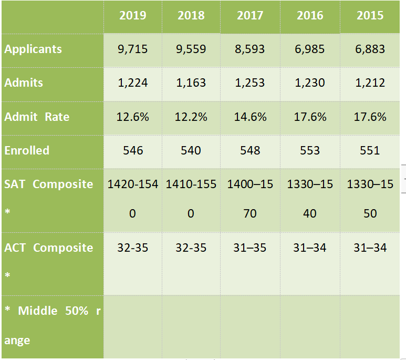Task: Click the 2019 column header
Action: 133,15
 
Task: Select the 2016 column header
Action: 310,15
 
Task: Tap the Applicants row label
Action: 33,49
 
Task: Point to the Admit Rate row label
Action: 37,117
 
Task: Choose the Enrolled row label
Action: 27,150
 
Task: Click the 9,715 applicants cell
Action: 133,49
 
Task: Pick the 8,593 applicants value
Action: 250,49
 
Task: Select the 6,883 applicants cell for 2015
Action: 370,49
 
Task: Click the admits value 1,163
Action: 191,83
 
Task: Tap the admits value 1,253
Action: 250,83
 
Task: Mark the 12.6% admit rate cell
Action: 133,117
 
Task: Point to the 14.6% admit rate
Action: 250,117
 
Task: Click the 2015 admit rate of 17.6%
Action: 370,117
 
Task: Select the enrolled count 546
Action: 133,150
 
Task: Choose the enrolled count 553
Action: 310,150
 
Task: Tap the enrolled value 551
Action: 370,150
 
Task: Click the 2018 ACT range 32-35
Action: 191,248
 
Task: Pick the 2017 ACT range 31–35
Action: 250,248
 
